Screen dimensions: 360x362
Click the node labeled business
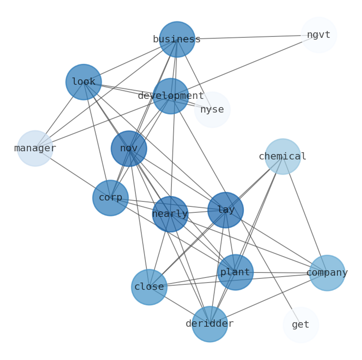(177, 39)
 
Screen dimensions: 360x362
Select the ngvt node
(319, 35)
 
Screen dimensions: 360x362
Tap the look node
(83, 82)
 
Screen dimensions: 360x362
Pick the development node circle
(171, 96)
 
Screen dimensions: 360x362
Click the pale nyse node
(212, 110)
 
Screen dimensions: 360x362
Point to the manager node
(35, 149)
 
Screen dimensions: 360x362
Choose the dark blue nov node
(129, 149)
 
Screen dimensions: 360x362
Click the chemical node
(283, 157)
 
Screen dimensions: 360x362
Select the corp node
(110, 198)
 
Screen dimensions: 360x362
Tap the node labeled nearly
(170, 214)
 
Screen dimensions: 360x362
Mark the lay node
(226, 210)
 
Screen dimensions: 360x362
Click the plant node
(235, 273)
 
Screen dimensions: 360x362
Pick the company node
(327, 273)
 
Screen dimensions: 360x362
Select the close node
(149, 287)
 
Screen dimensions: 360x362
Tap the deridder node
(210, 324)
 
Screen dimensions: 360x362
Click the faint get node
(300, 325)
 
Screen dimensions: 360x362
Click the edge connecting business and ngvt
(248, 37)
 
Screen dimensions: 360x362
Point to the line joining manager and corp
(73, 173)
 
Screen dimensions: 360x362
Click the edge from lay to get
(263, 267)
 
